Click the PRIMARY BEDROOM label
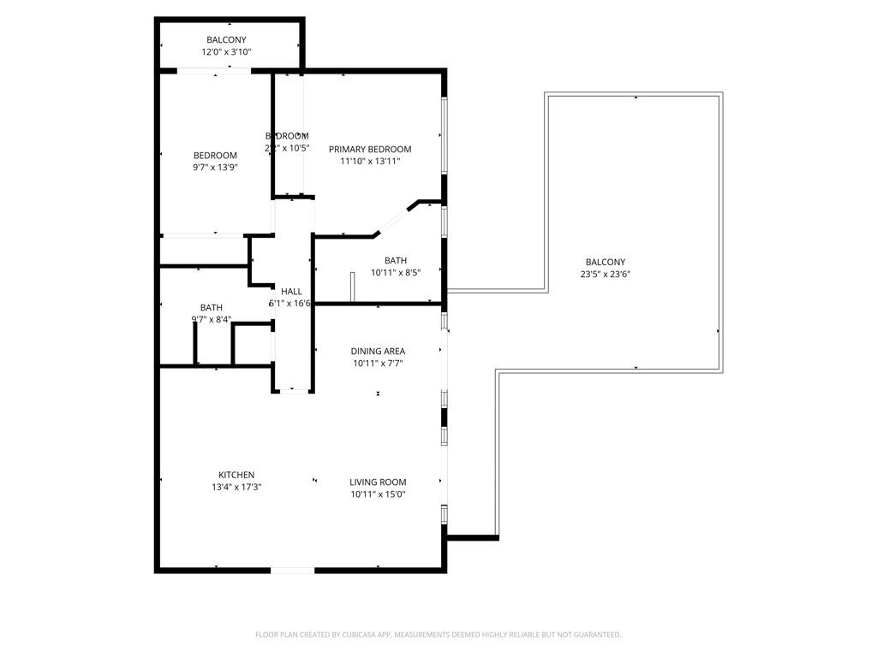pyautogui.click(x=370, y=149)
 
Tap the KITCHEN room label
pyautogui.click(x=236, y=475)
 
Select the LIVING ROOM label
pyautogui.click(x=378, y=482)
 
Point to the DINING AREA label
pyautogui.click(x=378, y=351)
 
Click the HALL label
pyautogui.click(x=291, y=292)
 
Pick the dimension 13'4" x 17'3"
pyautogui.click(x=236, y=487)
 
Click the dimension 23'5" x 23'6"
pyautogui.click(x=606, y=275)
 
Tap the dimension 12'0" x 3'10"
pyautogui.click(x=226, y=52)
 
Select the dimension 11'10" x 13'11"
pyautogui.click(x=370, y=161)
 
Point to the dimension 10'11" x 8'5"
pyautogui.click(x=396, y=273)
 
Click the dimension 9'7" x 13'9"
pyautogui.click(x=215, y=167)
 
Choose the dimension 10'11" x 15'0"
pyautogui.click(x=378, y=494)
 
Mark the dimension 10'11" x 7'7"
pyautogui.click(x=378, y=363)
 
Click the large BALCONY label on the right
pyautogui.click(x=606, y=263)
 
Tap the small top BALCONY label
pyautogui.click(x=226, y=40)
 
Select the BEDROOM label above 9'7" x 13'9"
pyautogui.click(x=215, y=155)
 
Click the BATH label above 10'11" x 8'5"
pyautogui.click(x=396, y=261)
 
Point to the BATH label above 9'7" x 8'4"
pyautogui.click(x=212, y=308)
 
